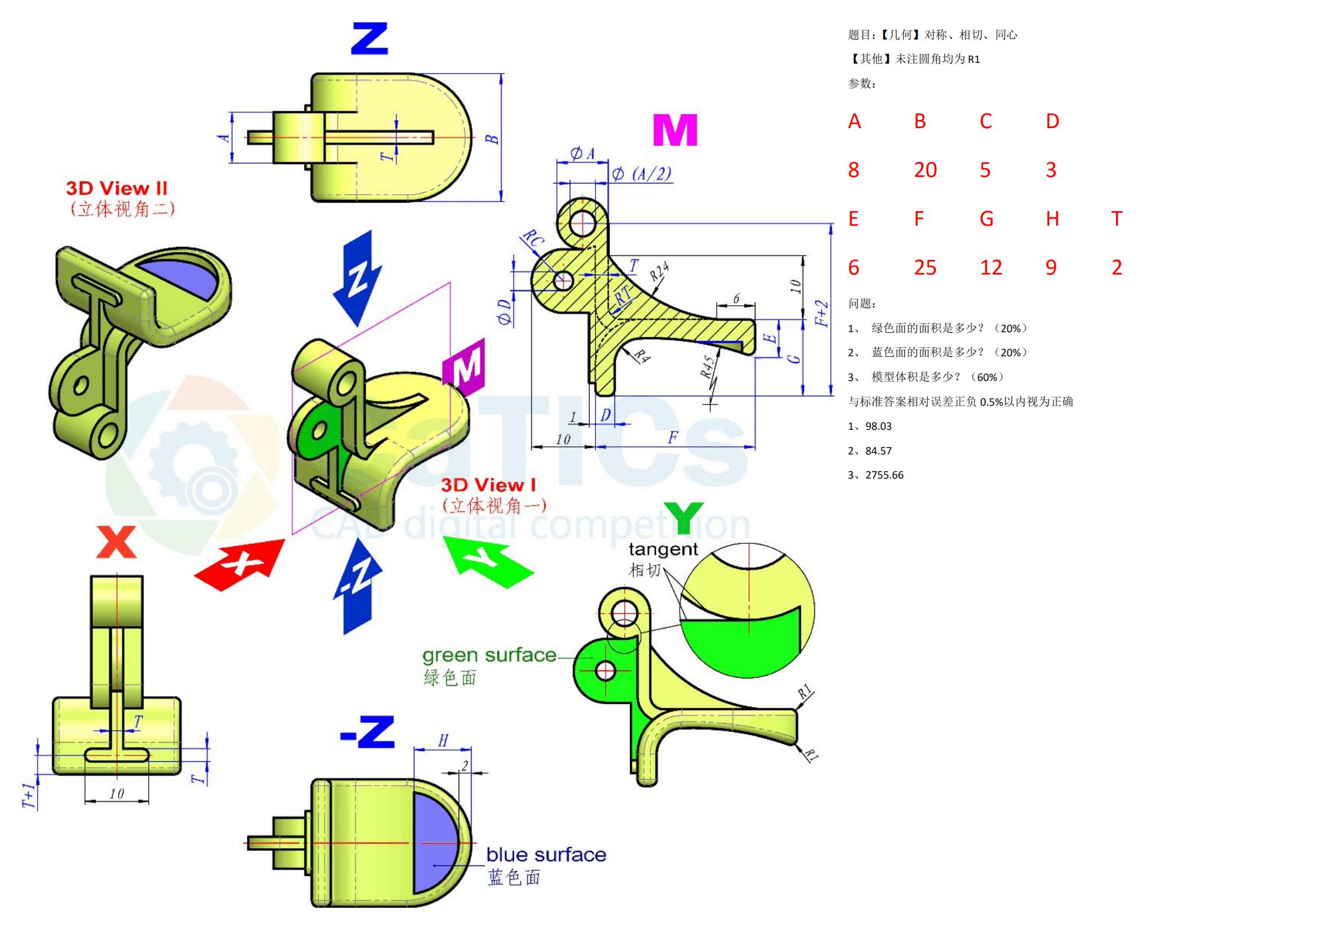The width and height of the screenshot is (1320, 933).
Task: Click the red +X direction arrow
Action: click(240, 565)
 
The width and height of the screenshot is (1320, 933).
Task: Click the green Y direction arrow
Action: click(488, 561)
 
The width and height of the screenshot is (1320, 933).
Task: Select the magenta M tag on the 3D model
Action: click(464, 367)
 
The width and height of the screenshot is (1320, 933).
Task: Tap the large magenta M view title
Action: click(675, 130)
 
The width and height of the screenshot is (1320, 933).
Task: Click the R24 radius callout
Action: click(660, 272)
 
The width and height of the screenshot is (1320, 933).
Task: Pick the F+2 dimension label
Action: click(822, 313)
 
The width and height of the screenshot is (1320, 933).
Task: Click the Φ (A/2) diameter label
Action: click(641, 173)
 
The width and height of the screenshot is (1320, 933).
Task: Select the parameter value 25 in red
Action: click(925, 267)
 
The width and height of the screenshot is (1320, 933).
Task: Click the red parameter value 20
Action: click(925, 170)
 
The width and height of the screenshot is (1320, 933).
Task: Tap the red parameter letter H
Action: click(1052, 219)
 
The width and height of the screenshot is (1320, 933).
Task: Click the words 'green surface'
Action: click(489, 655)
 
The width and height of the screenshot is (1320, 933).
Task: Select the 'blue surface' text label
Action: click(546, 854)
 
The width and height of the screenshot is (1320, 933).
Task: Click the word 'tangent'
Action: click(663, 550)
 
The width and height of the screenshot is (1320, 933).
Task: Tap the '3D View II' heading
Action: click(116, 188)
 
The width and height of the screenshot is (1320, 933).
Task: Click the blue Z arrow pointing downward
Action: click(357, 278)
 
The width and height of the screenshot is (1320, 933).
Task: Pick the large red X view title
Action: click(116, 542)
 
